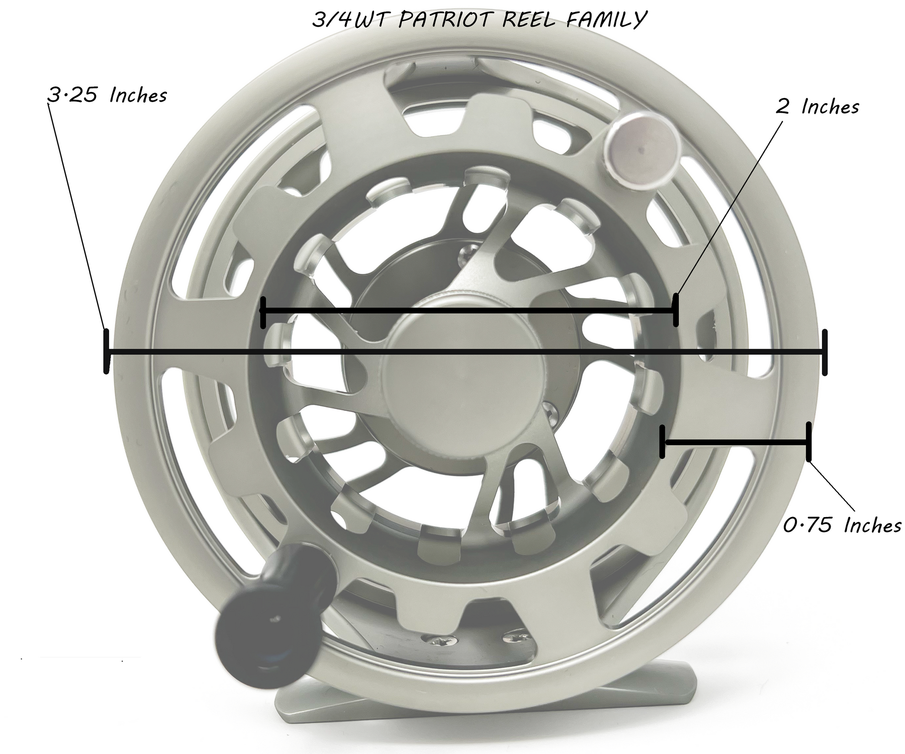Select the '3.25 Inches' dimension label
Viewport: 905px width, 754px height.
pyautogui.click(x=107, y=95)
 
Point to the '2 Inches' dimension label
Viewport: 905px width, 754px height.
pyautogui.click(x=817, y=107)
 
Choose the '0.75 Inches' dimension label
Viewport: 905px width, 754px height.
pyautogui.click(x=842, y=526)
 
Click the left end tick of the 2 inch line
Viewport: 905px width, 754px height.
pyautogui.click(x=262, y=312)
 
